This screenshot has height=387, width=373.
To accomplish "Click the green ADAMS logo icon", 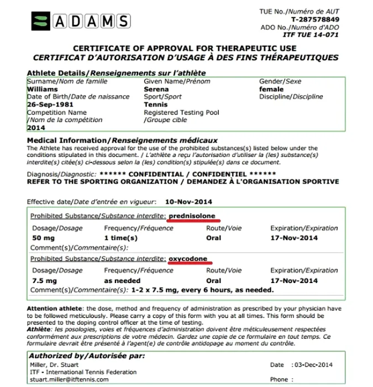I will [x=41, y=22].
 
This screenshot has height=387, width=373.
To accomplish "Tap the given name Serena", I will [x=156, y=89].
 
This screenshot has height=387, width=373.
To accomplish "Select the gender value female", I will [x=271, y=89].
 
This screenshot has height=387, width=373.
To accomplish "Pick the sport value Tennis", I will [x=155, y=104].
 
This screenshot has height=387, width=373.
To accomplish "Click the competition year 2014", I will [x=36, y=127].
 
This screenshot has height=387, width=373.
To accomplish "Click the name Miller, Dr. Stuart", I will [x=53, y=365].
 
